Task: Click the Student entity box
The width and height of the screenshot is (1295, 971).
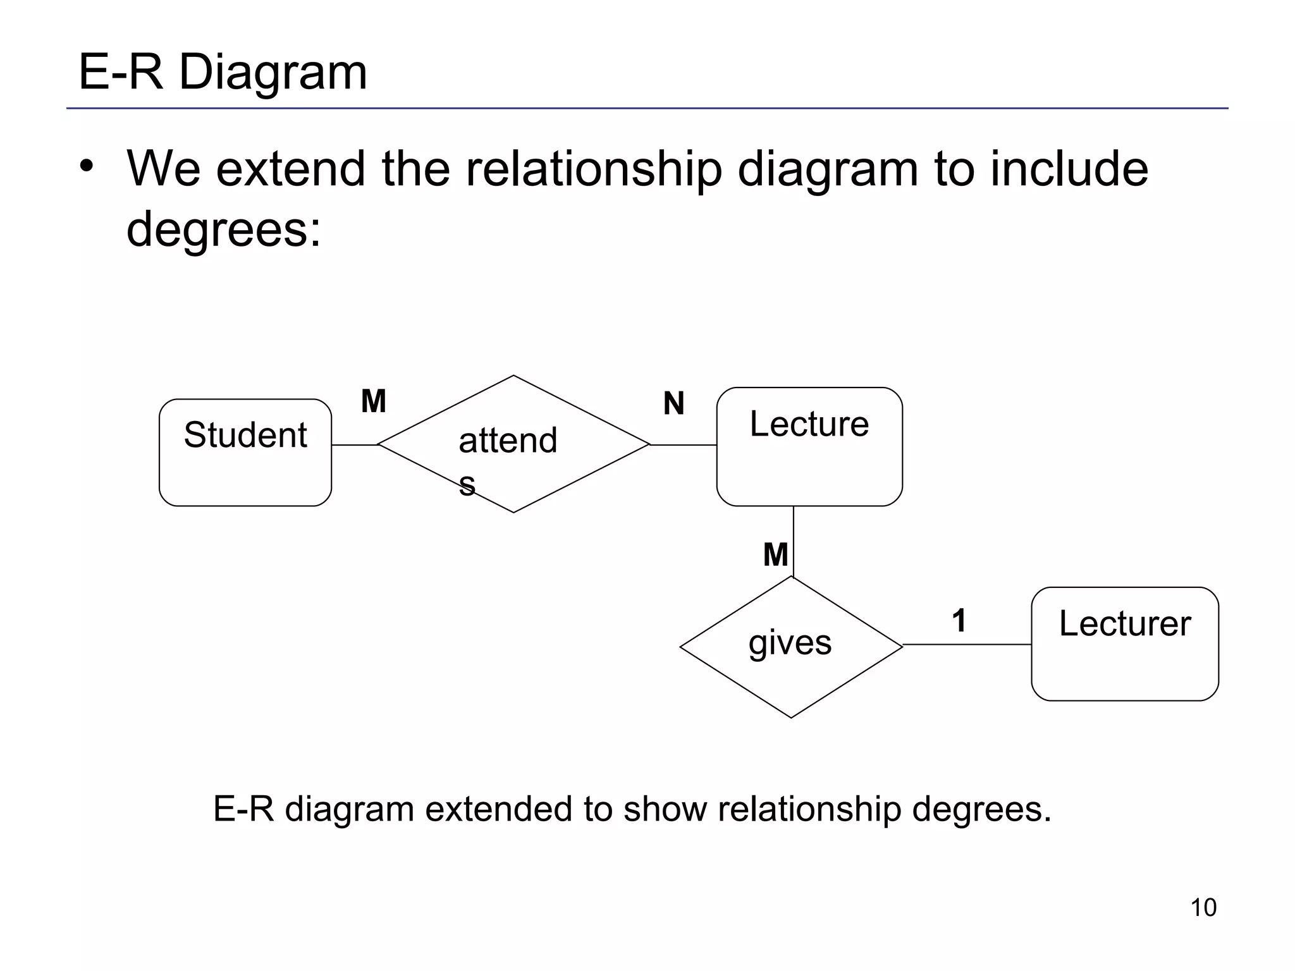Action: click(245, 452)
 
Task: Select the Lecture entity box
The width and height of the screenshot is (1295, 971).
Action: click(809, 446)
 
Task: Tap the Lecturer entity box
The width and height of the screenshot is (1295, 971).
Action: click(1124, 644)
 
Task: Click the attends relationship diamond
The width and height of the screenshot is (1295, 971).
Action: click(513, 444)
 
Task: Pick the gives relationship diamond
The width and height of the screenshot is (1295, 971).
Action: click(790, 647)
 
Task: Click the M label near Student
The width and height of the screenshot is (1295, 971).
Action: click(373, 401)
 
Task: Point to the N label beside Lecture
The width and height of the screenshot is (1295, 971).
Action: click(673, 403)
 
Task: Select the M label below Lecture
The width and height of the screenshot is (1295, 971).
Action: click(775, 555)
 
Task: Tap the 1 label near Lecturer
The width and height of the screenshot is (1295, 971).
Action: click(959, 620)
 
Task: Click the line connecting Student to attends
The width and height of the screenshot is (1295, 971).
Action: click(354, 445)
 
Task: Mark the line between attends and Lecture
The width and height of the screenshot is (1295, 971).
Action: click(683, 445)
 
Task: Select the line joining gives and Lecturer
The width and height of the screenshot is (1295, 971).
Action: click(967, 645)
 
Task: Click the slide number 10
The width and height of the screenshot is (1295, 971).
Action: click(1203, 908)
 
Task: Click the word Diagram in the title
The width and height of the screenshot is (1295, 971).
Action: click(273, 72)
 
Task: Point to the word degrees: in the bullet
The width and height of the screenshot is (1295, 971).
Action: click(224, 229)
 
